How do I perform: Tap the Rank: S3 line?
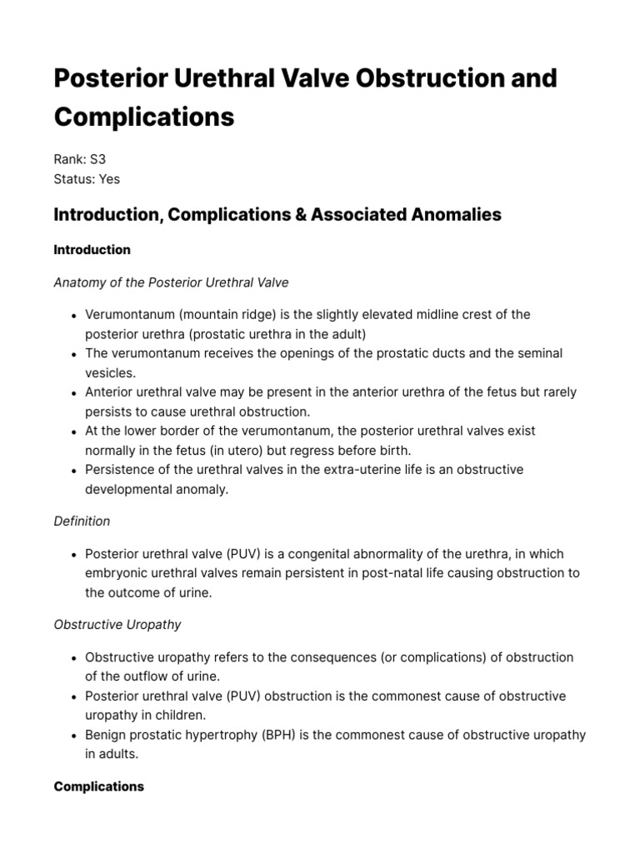[x=80, y=158]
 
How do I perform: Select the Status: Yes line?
[x=87, y=178]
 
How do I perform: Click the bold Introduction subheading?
[x=92, y=250]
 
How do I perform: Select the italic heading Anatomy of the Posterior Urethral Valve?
[x=171, y=282]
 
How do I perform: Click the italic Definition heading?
[x=82, y=521]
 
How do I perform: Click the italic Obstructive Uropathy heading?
[x=117, y=625]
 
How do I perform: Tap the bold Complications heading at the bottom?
[x=98, y=786]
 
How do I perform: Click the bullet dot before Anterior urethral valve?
[x=75, y=392]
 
